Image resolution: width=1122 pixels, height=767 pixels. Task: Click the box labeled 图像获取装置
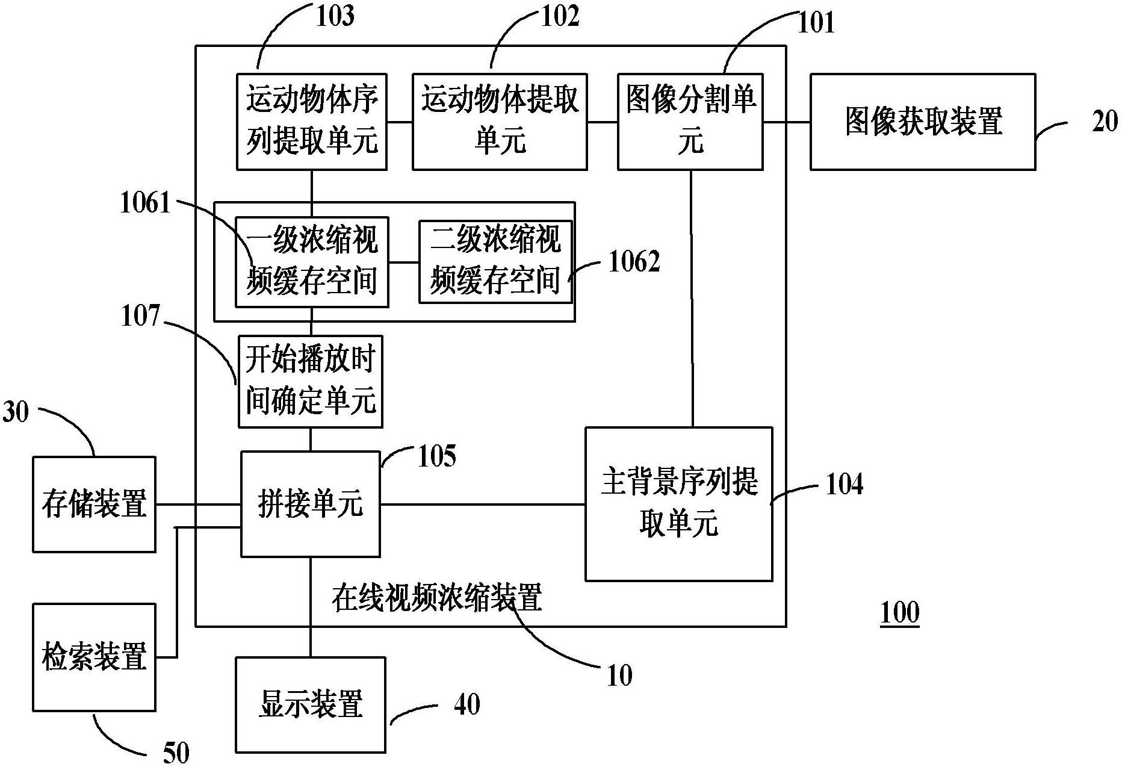pyautogui.click(x=922, y=122)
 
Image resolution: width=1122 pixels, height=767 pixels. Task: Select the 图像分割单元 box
pyautogui.click(x=690, y=122)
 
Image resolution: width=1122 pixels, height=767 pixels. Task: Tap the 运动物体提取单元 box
pyautogui.click(x=500, y=122)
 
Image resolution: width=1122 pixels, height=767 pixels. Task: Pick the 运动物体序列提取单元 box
pyautogui.click(x=311, y=122)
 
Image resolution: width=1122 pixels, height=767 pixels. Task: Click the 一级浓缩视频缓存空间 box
pyautogui.click(x=311, y=262)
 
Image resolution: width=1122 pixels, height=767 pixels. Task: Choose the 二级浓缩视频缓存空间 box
pyautogui.click(x=495, y=262)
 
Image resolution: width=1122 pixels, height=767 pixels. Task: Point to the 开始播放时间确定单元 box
pyautogui.click(x=310, y=381)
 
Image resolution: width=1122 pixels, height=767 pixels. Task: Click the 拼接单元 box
pyautogui.click(x=310, y=504)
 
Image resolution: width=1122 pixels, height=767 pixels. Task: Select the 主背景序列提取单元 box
pyautogui.click(x=678, y=504)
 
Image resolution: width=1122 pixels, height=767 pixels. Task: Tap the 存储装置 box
pyautogui.click(x=94, y=504)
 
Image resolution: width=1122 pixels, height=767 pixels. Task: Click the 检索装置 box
pyautogui.click(x=94, y=657)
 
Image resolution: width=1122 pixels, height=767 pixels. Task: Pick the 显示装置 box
pyautogui.click(x=310, y=704)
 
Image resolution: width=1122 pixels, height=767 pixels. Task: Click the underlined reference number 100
pyautogui.click(x=899, y=613)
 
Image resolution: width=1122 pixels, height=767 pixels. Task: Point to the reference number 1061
pyautogui.click(x=145, y=203)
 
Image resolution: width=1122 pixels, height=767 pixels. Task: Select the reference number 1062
pyautogui.click(x=634, y=261)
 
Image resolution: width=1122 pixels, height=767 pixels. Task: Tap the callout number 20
pyautogui.click(x=1105, y=122)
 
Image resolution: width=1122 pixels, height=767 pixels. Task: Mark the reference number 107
pyautogui.click(x=140, y=315)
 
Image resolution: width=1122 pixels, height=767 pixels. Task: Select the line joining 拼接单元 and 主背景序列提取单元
pyautogui.click(x=482, y=505)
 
